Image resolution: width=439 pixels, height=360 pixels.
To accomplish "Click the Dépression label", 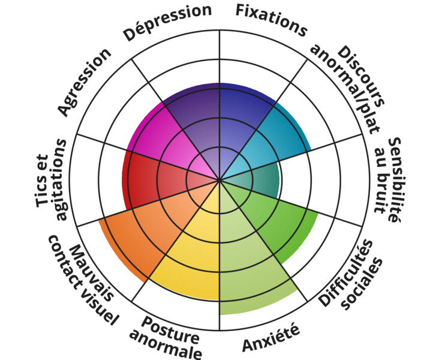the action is (167, 22).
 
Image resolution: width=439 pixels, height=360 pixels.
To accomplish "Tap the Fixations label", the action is (272, 20).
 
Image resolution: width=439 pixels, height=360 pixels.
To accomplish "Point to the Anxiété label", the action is (271, 337).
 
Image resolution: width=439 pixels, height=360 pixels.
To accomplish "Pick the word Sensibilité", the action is (394, 180).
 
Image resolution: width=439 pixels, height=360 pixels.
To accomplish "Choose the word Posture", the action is (170, 331).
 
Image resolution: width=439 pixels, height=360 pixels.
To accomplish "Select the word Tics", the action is (43, 181).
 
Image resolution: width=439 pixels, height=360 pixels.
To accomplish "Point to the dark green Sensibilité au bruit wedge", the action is (257, 180).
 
